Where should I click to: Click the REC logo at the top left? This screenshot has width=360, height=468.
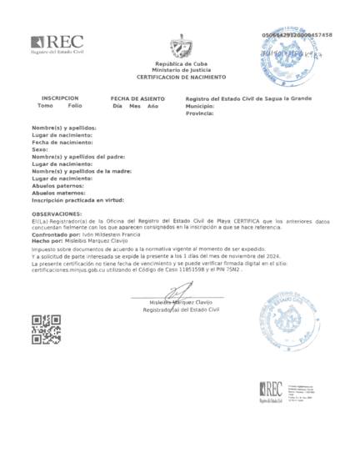tap(57, 44)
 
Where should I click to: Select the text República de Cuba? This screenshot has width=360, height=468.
tap(181, 64)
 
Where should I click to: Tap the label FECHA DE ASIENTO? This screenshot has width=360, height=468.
tap(137, 98)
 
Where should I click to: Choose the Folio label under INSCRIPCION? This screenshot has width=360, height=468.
tap(75, 105)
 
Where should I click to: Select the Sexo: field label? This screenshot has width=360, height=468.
tap(41, 149)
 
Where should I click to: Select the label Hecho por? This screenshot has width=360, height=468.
tap(47, 243)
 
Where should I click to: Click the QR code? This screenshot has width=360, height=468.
tap(45, 330)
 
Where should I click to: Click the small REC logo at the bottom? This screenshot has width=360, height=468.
tap(272, 389)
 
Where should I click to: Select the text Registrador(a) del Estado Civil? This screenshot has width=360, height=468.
tap(181, 309)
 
